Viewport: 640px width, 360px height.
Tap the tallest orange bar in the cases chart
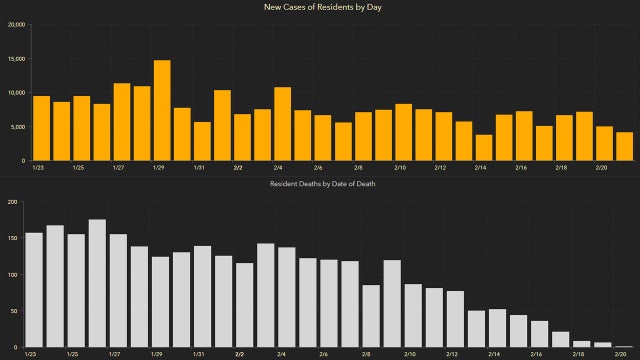point(162,110)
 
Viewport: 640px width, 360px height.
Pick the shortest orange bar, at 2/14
point(484,147)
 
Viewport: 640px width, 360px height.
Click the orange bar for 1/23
point(41,128)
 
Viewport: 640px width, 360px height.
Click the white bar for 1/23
point(33,290)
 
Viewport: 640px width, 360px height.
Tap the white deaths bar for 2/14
point(476,329)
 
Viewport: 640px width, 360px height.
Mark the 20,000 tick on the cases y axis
point(16,25)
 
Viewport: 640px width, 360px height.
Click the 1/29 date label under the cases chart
point(157,168)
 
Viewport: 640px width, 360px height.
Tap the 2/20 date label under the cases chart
point(602,168)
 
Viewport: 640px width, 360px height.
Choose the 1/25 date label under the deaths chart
point(74,354)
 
